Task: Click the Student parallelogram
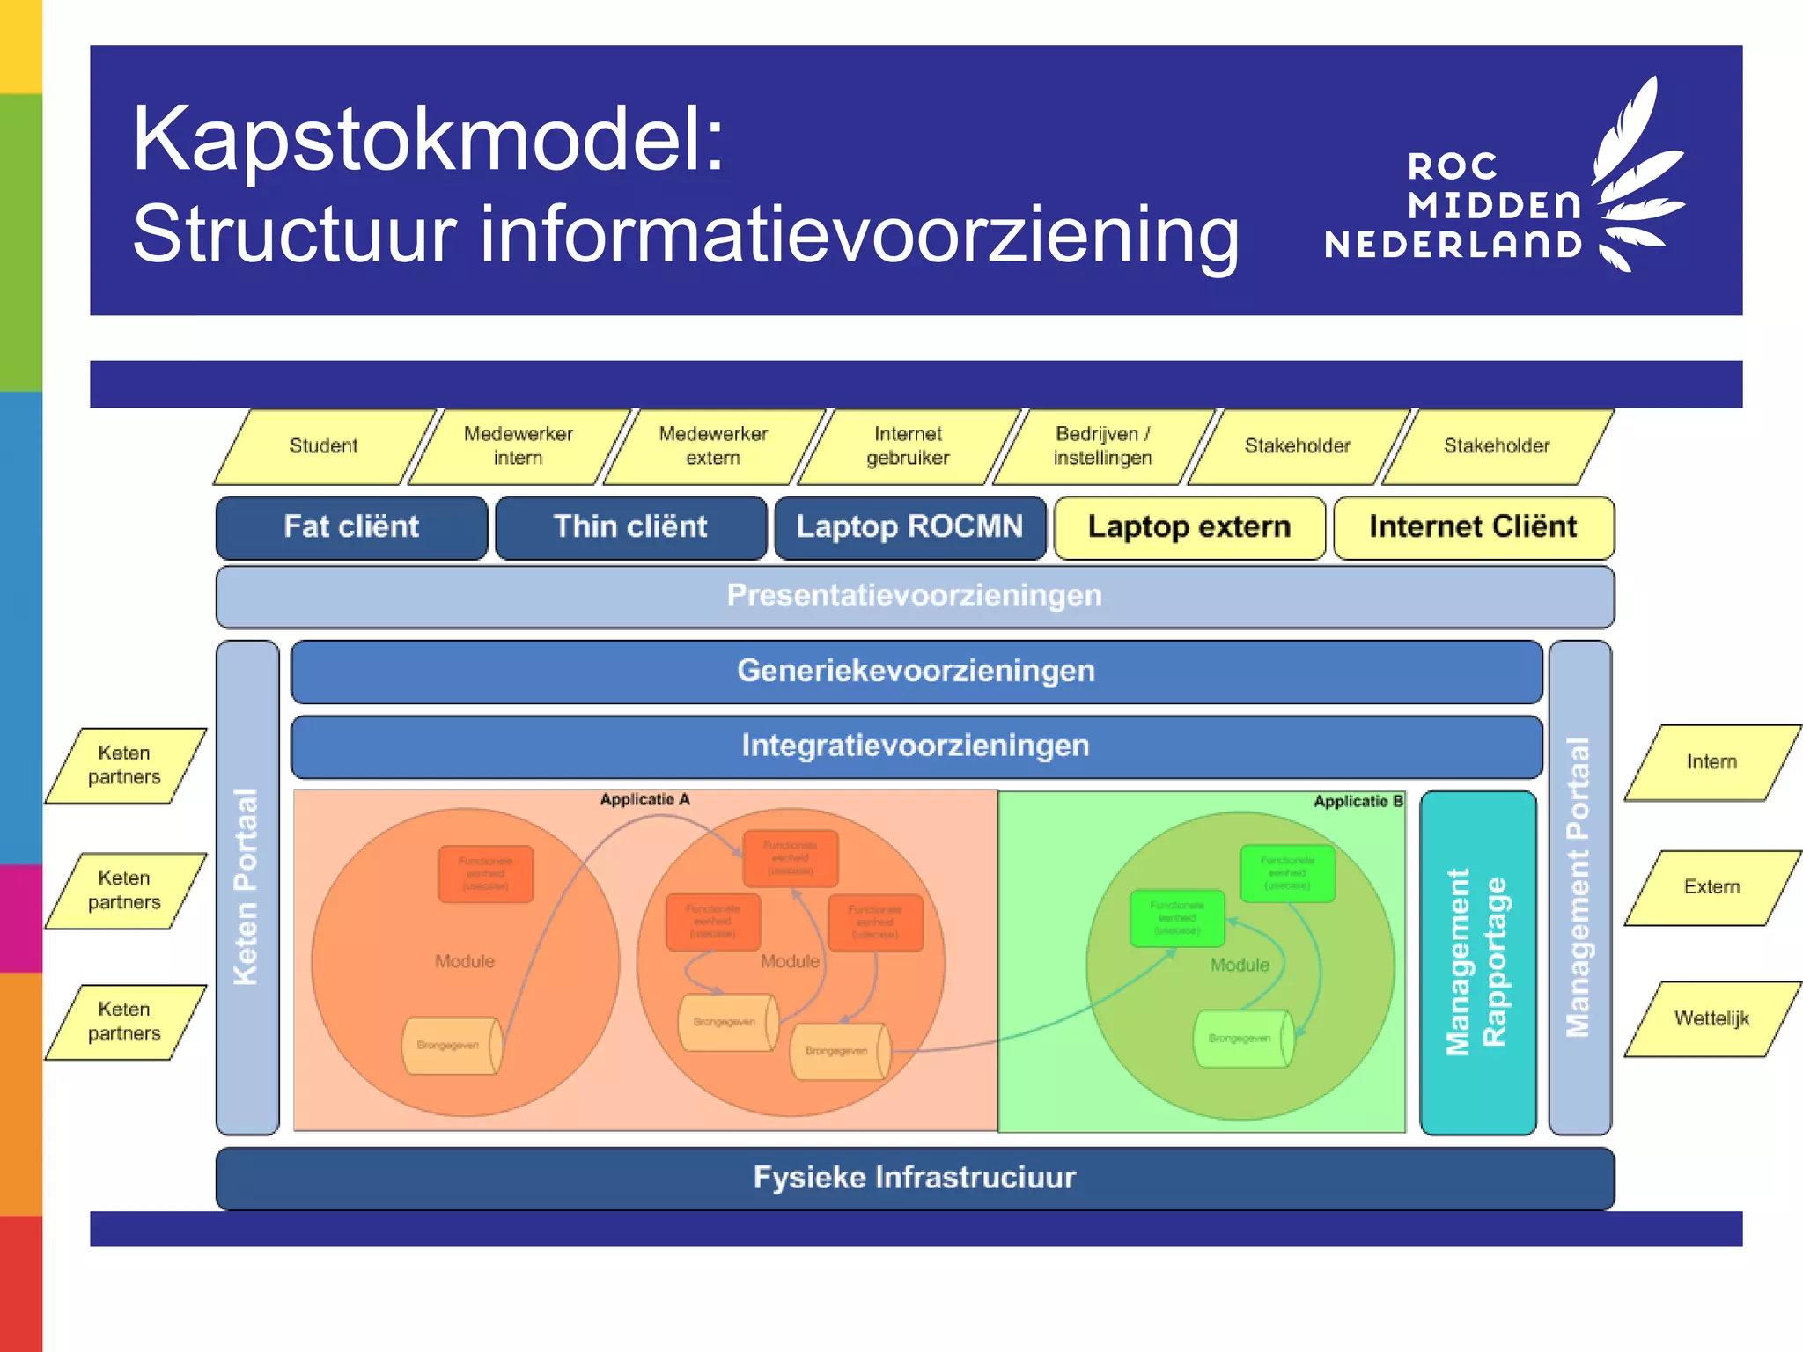pos(324,446)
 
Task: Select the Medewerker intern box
pos(519,446)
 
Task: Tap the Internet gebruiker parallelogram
pos(908,446)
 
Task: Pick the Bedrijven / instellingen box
pos(1102,446)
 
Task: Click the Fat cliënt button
pos(351,527)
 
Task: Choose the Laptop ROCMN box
pos(909,527)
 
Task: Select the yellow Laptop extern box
pos(1189,527)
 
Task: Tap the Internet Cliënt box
pos(1473,527)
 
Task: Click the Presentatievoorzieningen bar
pos(914,596)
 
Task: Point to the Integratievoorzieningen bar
pos(916,746)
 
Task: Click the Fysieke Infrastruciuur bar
pos(914,1178)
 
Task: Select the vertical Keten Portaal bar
pos(247,887)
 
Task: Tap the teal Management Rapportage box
pos(1477,962)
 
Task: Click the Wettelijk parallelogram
pos(1711,1019)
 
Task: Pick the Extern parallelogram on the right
pos(1711,887)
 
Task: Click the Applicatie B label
pos(1358,802)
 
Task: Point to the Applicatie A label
pos(644,800)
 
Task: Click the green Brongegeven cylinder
pos(1241,1039)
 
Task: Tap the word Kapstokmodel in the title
pos(428,141)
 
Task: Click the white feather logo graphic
pos(1636,176)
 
